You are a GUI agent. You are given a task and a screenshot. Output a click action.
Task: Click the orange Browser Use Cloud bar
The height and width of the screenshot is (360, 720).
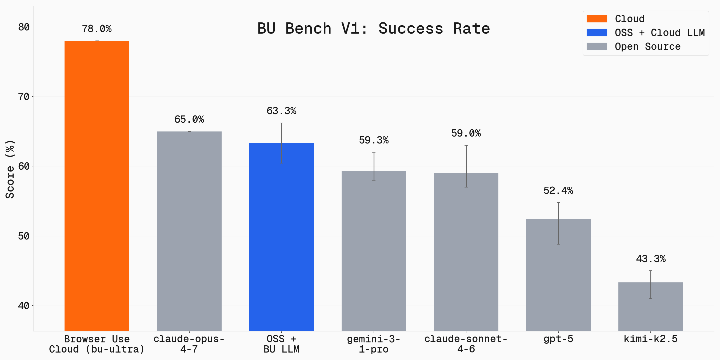pyautogui.click(x=97, y=186)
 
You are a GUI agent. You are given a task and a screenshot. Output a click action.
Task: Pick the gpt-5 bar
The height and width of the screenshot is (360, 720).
pyautogui.click(x=558, y=275)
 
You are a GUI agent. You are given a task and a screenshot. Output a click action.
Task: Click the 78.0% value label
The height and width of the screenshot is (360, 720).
pyautogui.click(x=97, y=29)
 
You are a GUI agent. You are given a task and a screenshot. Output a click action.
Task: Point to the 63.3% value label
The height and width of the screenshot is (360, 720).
pyautogui.click(x=281, y=111)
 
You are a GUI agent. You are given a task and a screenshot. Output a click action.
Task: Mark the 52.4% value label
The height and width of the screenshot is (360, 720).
pyautogui.click(x=558, y=191)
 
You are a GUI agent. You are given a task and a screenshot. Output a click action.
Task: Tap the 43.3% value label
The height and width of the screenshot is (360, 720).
pyautogui.click(x=650, y=259)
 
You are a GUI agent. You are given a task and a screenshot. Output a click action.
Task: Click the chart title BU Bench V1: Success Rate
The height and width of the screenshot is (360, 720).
pyautogui.click(x=373, y=29)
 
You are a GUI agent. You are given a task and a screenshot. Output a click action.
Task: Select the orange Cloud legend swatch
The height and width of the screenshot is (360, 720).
pyautogui.click(x=597, y=19)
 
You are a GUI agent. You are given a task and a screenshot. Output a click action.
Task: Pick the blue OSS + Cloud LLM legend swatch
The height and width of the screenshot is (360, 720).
pyautogui.click(x=597, y=33)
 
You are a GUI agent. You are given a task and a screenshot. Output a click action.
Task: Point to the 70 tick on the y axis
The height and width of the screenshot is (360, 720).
pyautogui.click(x=24, y=97)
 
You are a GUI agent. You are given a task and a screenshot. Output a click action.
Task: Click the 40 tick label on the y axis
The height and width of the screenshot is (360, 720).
pyautogui.click(x=24, y=306)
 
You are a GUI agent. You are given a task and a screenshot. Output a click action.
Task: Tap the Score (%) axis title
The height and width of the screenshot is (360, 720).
pyautogui.click(x=10, y=169)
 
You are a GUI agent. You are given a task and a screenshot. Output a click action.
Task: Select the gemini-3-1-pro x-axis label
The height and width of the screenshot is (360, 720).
pyautogui.click(x=374, y=344)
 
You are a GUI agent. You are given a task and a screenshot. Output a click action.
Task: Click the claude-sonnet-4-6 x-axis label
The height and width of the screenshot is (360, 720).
pyautogui.click(x=466, y=344)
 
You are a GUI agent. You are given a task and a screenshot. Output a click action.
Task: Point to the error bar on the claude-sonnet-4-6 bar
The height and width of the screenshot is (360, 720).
pyautogui.click(x=466, y=166)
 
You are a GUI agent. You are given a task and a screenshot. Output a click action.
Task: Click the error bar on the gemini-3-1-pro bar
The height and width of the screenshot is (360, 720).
pyautogui.click(x=374, y=166)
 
